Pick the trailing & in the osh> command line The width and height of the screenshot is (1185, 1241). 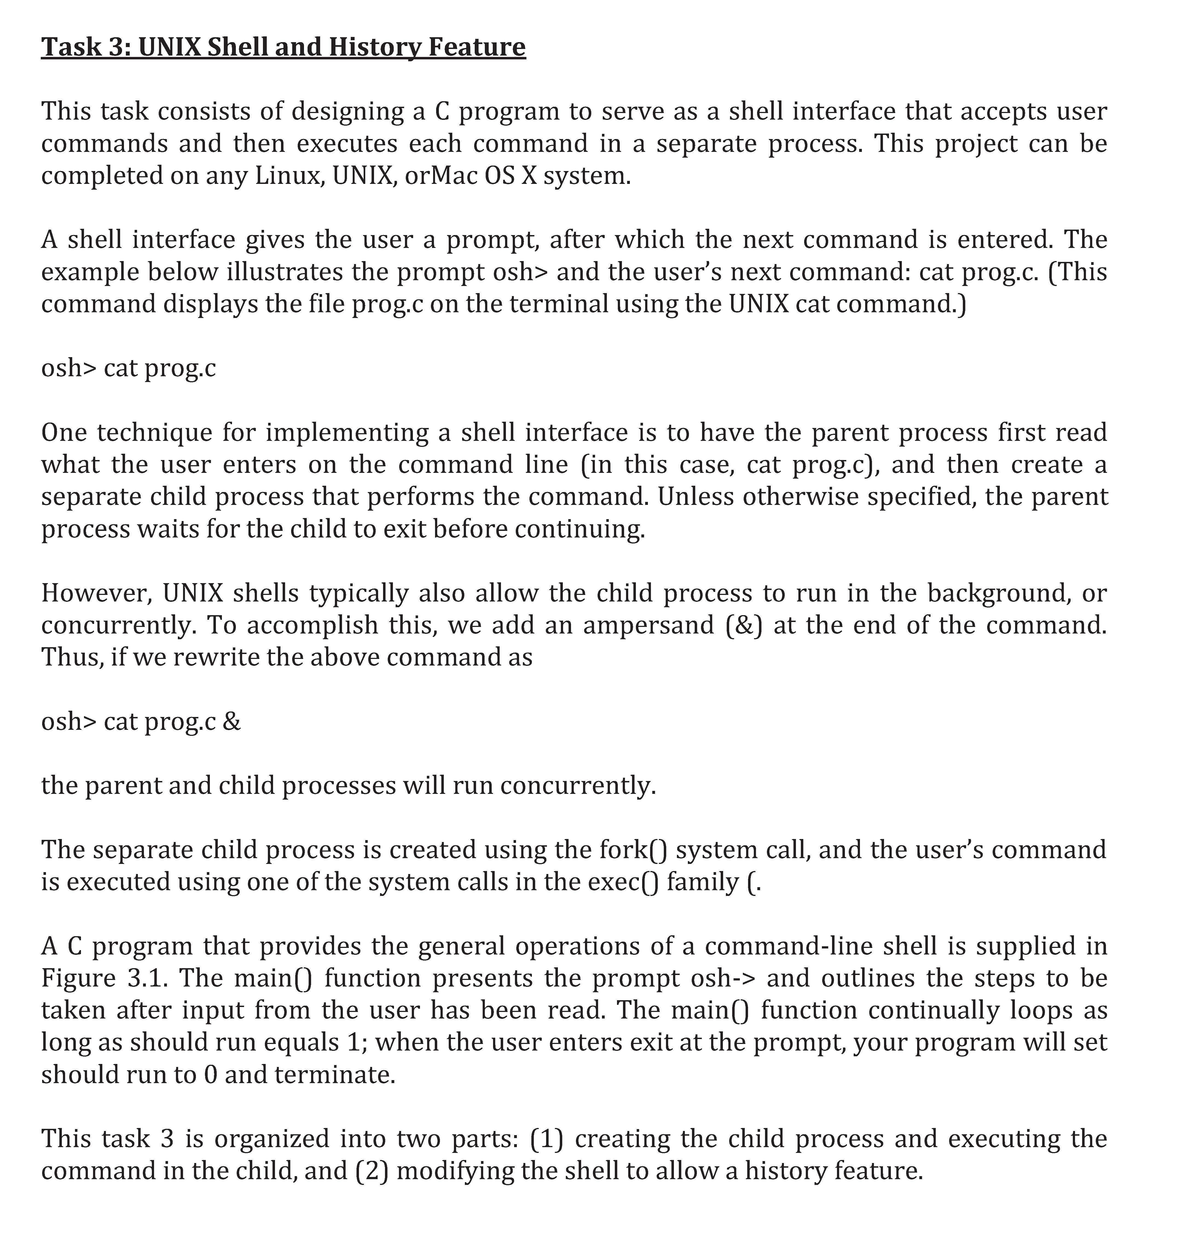[232, 722]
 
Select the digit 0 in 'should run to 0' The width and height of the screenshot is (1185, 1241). [211, 1074]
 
